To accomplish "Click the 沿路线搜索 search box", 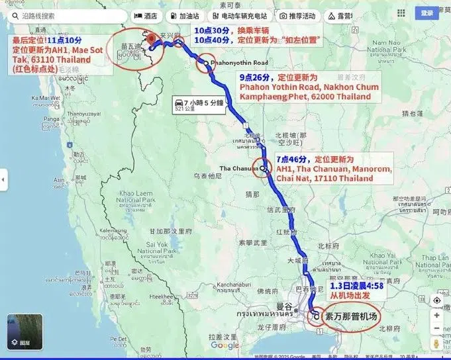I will pyautogui.click(x=66, y=16).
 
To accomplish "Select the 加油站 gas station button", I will pyautogui.click(x=187, y=16).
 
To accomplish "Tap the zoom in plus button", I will pyautogui.click(x=437, y=315).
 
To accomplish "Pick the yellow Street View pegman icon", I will pyautogui.click(x=437, y=344).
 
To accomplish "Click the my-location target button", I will pyautogui.click(x=437, y=300).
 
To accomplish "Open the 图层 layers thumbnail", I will pyautogui.click(x=25, y=332).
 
